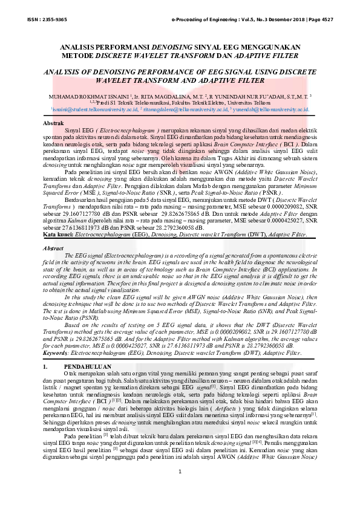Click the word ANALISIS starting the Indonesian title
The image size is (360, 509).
[x=81, y=47]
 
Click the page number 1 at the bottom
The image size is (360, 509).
[x=180, y=488]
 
